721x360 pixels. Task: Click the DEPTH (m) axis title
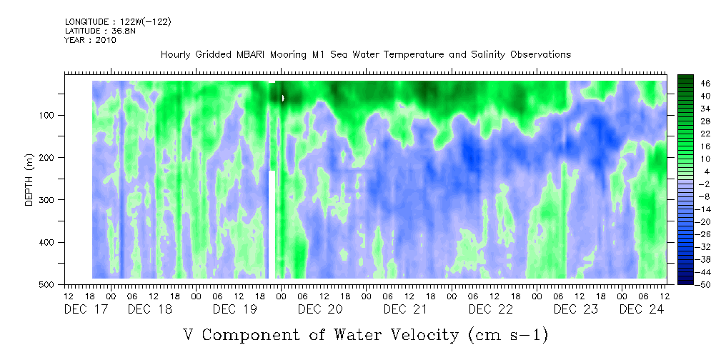click(29, 183)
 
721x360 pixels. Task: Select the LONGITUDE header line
click(118, 21)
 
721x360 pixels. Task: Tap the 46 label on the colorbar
click(705, 83)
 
